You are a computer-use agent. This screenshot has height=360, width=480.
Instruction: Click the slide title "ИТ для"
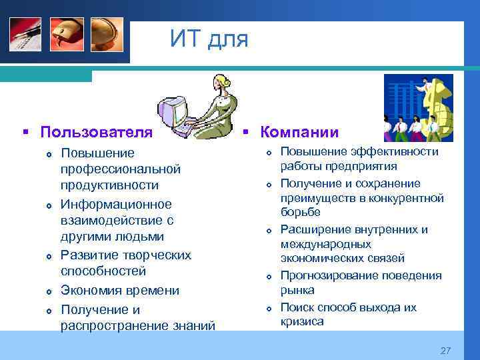click(x=209, y=39)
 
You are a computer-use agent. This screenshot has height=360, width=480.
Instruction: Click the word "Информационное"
click(x=115, y=204)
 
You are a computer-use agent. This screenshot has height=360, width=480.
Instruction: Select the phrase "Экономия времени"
click(x=119, y=290)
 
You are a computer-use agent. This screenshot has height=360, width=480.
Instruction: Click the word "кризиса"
click(x=302, y=322)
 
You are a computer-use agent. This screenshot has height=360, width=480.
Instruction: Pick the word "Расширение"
click(x=317, y=230)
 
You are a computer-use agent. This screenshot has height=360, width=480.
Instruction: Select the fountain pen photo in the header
click(x=25, y=33)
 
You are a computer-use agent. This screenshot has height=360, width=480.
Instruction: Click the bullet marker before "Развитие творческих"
click(x=49, y=256)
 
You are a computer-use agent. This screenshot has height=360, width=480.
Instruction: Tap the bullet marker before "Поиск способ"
click(x=267, y=309)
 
